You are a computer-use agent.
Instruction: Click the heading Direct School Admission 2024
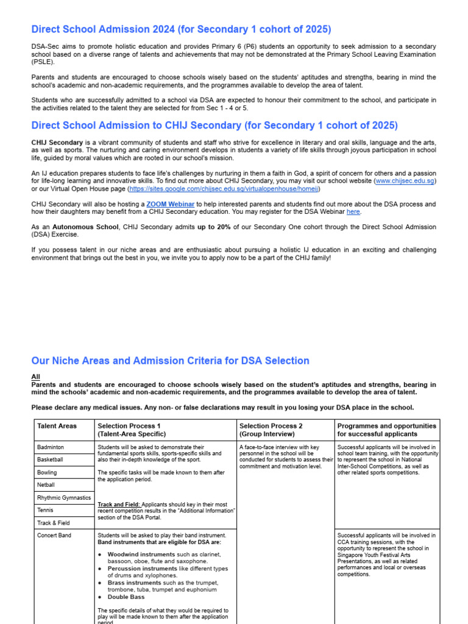click(x=181, y=29)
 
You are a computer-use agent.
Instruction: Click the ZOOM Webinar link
click(x=171, y=204)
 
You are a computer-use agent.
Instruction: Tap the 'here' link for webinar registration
click(x=353, y=212)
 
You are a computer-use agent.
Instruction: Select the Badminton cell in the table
click(x=51, y=447)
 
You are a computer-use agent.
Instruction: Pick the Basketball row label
click(x=50, y=459)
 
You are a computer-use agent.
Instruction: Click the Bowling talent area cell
click(x=47, y=472)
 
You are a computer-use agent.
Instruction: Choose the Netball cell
click(x=46, y=485)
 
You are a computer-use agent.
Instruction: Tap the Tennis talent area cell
click(x=45, y=510)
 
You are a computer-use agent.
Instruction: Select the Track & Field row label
click(x=54, y=523)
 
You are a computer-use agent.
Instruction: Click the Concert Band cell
click(x=54, y=536)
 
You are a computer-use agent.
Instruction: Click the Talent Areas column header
click(x=57, y=426)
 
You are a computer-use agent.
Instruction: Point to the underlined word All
click(x=35, y=377)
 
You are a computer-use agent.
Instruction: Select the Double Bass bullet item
click(x=126, y=597)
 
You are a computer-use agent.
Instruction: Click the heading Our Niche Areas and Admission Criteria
click(x=170, y=361)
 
